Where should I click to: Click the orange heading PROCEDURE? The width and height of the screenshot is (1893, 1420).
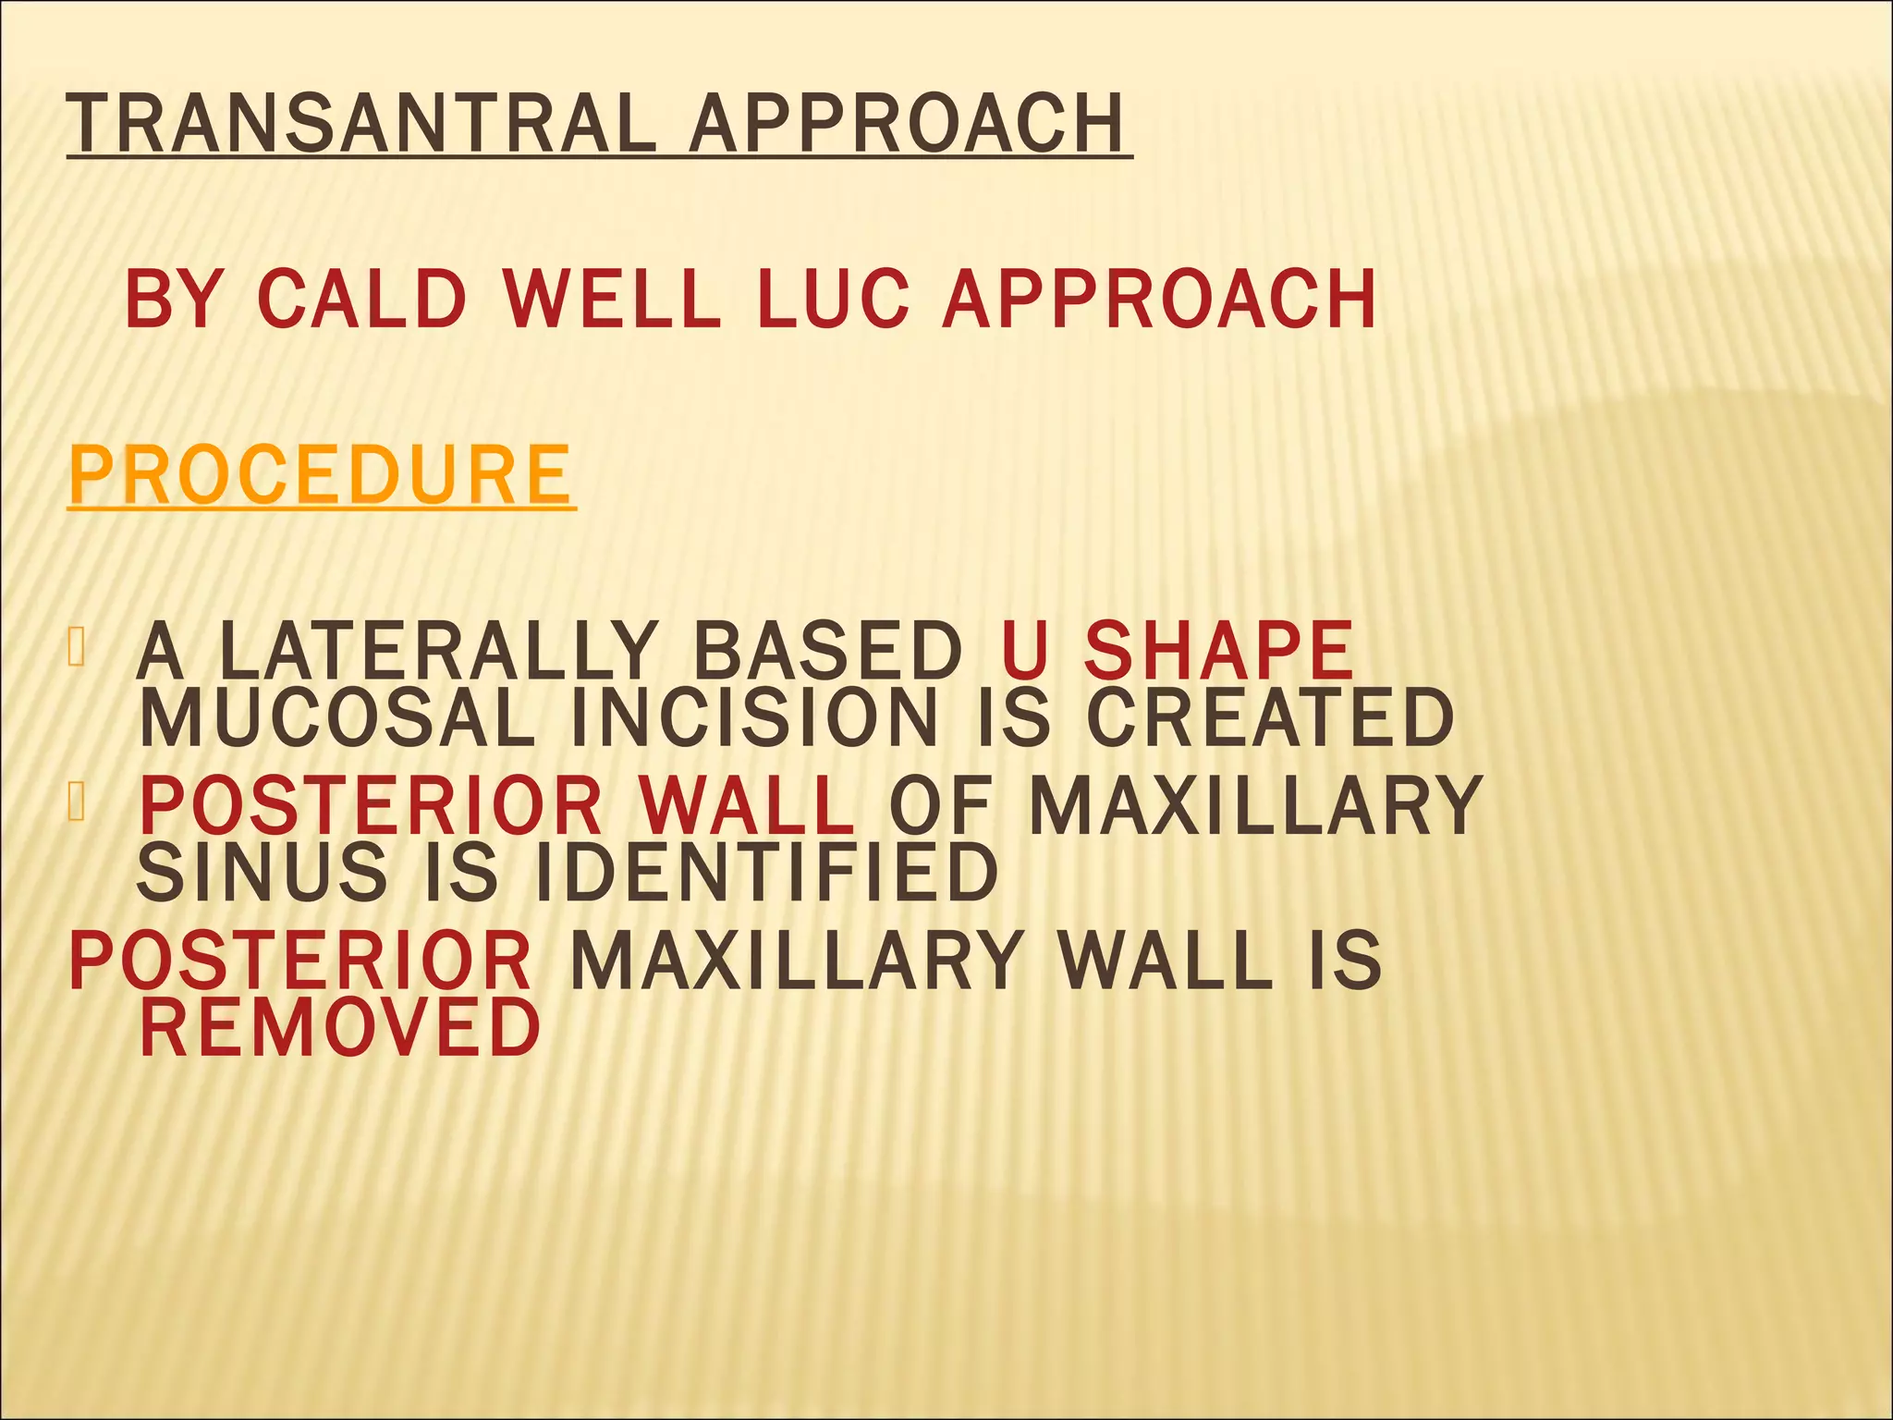(321, 474)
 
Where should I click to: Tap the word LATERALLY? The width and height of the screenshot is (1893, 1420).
(438, 652)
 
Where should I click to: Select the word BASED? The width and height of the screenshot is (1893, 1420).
(828, 652)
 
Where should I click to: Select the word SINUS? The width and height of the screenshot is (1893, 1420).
(263, 873)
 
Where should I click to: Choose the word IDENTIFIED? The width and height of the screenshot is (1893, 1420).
(767, 873)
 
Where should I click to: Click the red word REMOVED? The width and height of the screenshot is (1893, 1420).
(339, 1027)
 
